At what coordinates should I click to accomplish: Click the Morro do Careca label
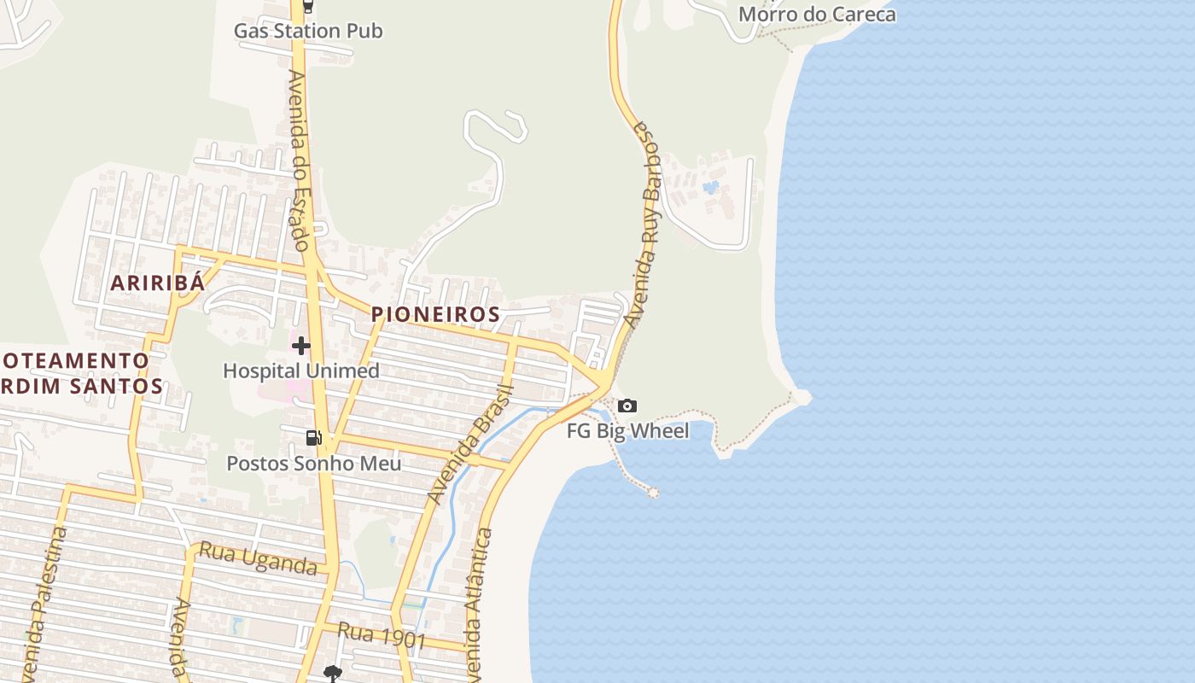click(817, 15)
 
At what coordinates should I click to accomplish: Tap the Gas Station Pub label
click(308, 32)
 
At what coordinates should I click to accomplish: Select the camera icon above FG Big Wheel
click(627, 406)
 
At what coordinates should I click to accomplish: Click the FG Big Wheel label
click(628, 431)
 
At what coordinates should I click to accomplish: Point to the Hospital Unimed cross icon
click(301, 346)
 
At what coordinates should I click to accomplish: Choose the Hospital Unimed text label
click(301, 371)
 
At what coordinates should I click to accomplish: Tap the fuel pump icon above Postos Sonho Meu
click(314, 438)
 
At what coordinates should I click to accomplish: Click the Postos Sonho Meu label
click(313, 464)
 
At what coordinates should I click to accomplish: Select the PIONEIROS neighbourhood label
click(435, 314)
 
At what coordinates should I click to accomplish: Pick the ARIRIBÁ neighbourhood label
click(158, 283)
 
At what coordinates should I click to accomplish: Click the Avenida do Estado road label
click(299, 160)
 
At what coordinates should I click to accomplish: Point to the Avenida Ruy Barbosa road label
click(646, 224)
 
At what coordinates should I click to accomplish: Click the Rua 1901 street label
click(382, 637)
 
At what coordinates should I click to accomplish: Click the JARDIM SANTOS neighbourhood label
click(81, 386)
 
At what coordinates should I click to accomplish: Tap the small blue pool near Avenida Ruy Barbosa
click(710, 187)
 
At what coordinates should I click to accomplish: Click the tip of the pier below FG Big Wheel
click(653, 492)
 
